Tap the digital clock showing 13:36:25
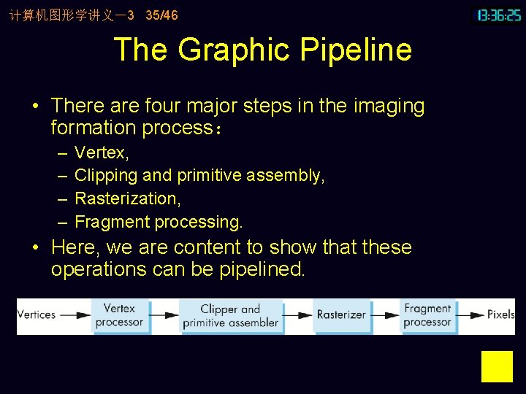[499, 15]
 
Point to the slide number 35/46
[161, 15]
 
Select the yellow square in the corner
[497, 366]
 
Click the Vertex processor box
[119, 315]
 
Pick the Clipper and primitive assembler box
[230, 315]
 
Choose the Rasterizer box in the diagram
[341, 315]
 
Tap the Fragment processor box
[427, 315]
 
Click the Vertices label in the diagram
[37, 315]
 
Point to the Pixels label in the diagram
[500, 315]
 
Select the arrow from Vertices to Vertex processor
[75, 315]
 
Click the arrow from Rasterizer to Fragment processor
[385, 315]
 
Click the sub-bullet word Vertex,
[102, 153]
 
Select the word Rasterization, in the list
[128, 198]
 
